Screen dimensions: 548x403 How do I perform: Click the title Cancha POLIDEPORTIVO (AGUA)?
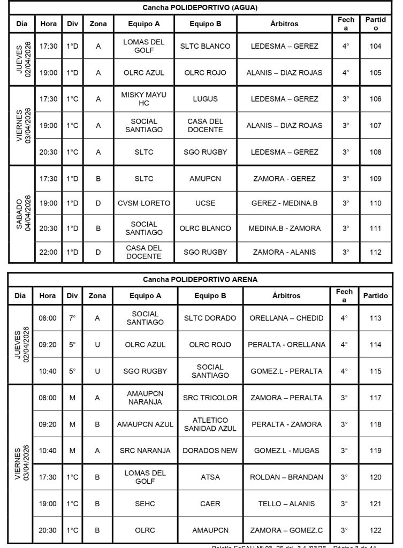click(x=200, y=7)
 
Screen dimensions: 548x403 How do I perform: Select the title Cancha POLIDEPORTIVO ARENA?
click(x=200, y=279)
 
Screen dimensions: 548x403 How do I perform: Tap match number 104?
click(x=375, y=46)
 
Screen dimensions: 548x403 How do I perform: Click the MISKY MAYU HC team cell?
click(x=144, y=98)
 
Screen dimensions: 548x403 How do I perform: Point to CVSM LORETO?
click(x=144, y=203)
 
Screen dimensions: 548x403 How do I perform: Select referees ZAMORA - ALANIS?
click(x=284, y=252)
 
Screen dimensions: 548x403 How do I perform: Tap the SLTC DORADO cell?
click(x=210, y=318)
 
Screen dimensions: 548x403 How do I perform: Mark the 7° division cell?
click(x=72, y=318)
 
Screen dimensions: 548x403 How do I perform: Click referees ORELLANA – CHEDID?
click(x=286, y=318)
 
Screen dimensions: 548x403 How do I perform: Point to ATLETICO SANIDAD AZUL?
click(x=210, y=424)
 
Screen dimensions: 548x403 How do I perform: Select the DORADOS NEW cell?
click(x=210, y=451)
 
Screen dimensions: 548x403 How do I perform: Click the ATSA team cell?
click(x=210, y=477)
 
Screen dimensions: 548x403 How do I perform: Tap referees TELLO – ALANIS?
click(x=286, y=504)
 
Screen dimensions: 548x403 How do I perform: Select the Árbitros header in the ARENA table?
click(x=286, y=295)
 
